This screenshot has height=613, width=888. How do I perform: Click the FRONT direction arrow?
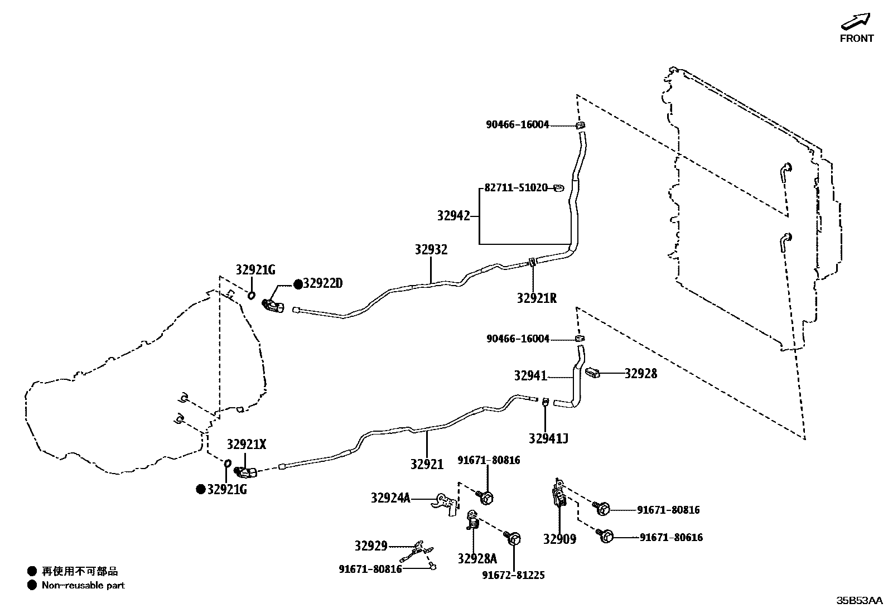856,21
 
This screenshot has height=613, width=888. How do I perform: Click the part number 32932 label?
431,250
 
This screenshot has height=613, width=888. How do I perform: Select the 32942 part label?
453,216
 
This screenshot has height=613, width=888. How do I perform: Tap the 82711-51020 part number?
516,188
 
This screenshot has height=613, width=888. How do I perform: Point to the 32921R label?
537,298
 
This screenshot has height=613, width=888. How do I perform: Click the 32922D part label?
323,284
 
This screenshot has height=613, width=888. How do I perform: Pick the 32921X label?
247,445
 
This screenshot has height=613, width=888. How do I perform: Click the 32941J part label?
548,438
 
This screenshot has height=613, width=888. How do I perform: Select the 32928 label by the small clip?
640,374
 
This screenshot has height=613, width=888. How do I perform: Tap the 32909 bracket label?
559,539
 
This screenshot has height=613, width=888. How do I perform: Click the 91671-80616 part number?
671,538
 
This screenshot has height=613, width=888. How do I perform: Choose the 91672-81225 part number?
513,575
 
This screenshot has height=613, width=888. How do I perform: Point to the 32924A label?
390,498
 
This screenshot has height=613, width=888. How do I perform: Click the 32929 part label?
371,546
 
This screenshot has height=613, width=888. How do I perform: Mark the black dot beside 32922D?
298,284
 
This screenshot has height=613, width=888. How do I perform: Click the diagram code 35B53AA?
859,601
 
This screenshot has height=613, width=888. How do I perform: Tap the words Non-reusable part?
83,586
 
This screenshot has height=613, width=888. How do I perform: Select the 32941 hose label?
530,377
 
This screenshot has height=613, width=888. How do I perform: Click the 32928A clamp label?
477,558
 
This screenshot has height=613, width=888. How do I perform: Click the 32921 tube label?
427,464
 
